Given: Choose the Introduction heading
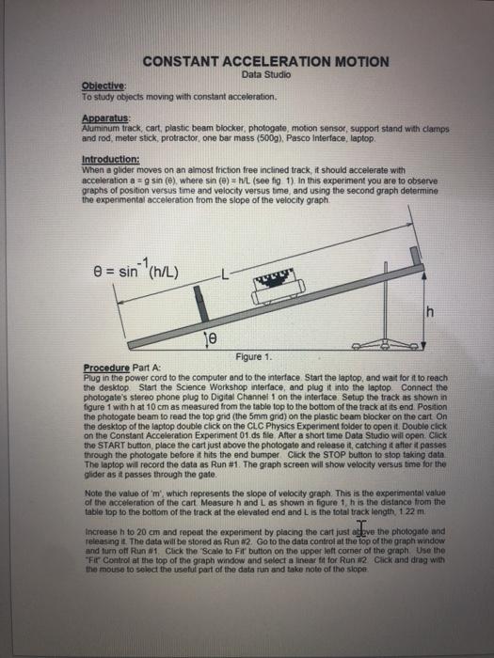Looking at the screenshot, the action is tap(111, 160).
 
